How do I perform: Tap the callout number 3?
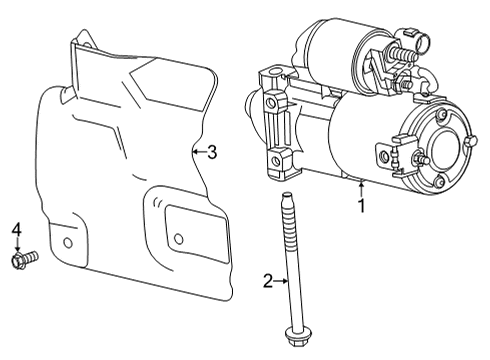click(x=211, y=152)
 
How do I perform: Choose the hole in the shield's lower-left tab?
click(x=68, y=243)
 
